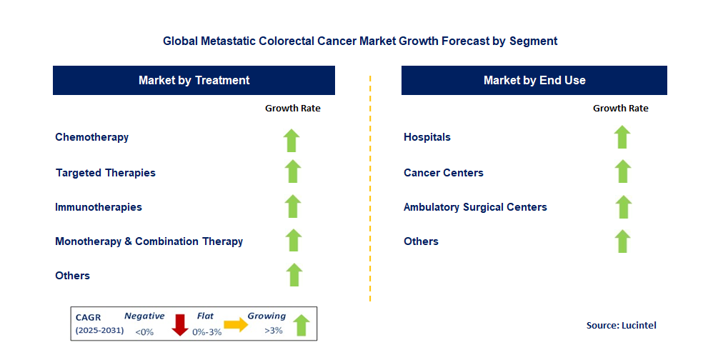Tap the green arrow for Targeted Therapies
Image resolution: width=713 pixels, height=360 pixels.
[x=292, y=172]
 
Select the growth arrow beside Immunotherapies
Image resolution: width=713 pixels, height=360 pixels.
[x=293, y=206]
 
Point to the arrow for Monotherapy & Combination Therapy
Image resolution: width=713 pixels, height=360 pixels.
[x=293, y=241]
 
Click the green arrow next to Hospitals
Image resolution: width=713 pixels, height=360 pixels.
[x=622, y=137]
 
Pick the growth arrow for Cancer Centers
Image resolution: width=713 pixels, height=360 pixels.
[x=623, y=171]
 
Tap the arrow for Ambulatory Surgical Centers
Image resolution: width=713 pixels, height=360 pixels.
[x=623, y=206]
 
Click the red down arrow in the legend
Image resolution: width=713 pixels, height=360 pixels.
[x=179, y=324]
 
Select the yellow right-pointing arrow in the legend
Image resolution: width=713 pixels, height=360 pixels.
[x=236, y=324]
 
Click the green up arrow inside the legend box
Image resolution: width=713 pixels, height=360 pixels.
[x=301, y=325]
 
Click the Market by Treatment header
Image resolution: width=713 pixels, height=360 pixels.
[x=194, y=80]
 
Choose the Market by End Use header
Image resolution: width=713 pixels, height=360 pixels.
[x=534, y=80]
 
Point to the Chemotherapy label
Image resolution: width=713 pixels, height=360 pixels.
[x=91, y=137]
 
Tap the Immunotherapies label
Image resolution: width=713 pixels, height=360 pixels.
[x=98, y=207]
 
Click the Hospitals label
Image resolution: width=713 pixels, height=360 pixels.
[x=427, y=137]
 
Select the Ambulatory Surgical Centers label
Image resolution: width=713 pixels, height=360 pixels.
[x=475, y=207]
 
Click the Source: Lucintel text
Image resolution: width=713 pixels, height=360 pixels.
[x=621, y=325]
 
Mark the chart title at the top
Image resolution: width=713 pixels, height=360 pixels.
[x=359, y=41]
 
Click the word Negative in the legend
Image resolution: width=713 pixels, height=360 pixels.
[x=144, y=316]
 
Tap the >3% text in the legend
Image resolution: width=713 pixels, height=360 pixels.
[x=273, y=331]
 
